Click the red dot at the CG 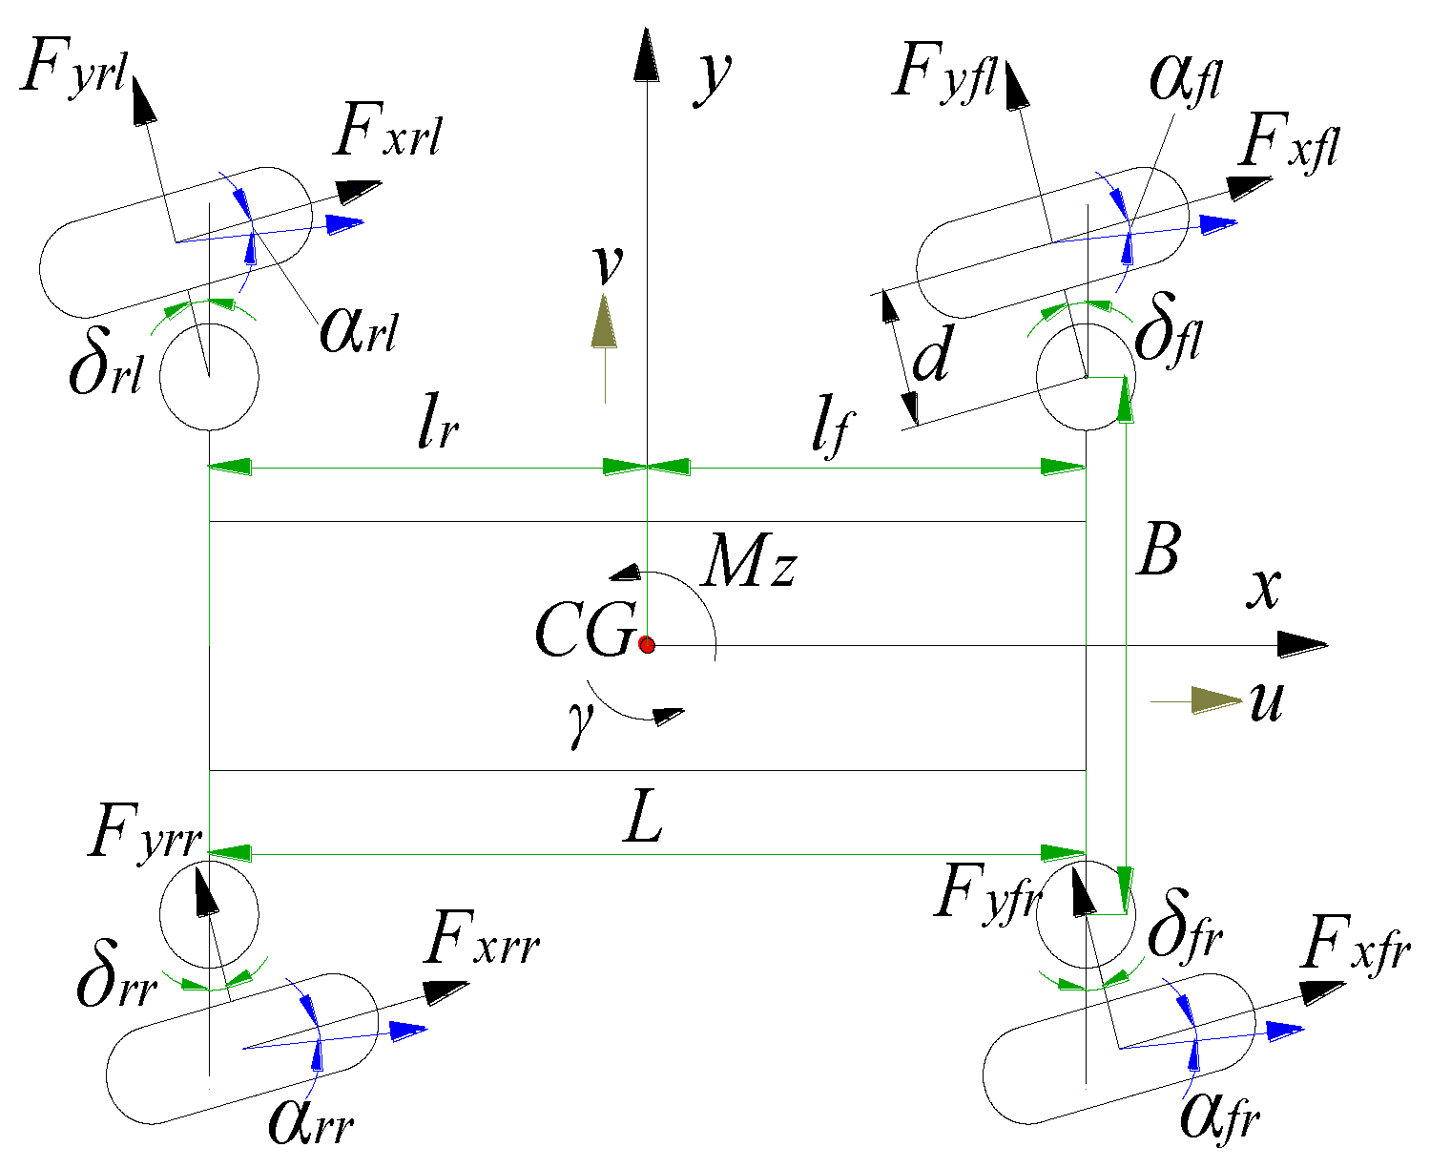[647, 644]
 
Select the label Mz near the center [748, 565]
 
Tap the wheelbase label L [643, 820]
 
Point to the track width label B [1157, 551]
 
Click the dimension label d [931, 359]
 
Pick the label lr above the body [438, 430]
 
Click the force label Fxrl [387, 135]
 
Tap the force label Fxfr [1355, 946]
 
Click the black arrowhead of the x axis [1302, 644]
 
